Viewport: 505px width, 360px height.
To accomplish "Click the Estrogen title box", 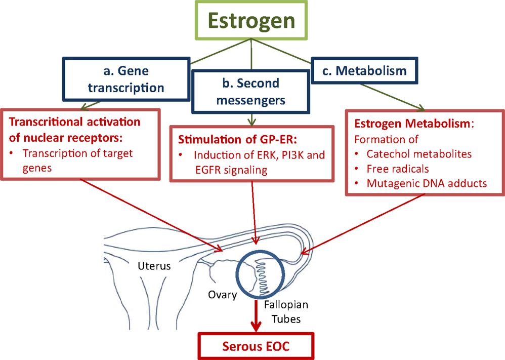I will pos(252,21).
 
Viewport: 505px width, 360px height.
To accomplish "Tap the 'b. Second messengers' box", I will pos(250,92).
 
